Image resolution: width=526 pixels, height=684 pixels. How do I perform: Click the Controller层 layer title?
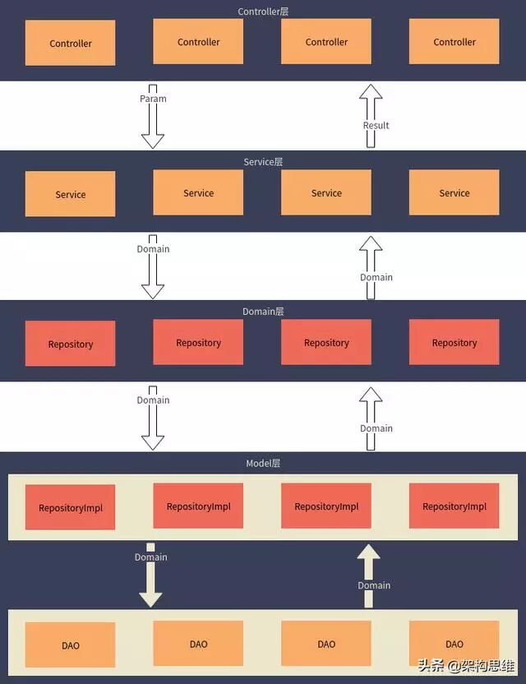pos(263,12)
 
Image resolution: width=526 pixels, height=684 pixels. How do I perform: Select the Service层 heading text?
pos(263,162)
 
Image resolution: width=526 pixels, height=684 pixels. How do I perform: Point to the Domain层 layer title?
pos(263,312)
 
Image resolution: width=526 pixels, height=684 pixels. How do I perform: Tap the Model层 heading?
pos(263,464)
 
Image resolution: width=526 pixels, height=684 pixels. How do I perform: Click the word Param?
pos(153,99)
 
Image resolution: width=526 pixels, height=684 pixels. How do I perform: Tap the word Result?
pos(376,126)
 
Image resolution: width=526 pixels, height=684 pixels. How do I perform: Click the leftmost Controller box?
pos(71,44)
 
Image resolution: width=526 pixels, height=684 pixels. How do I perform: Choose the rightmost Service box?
pos(454,193)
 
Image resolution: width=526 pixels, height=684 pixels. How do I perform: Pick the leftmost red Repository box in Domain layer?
pos(71,344)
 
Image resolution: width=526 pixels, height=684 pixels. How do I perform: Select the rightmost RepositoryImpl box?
pos(454,506)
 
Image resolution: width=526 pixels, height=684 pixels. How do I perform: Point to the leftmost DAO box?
pos(71,645)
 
